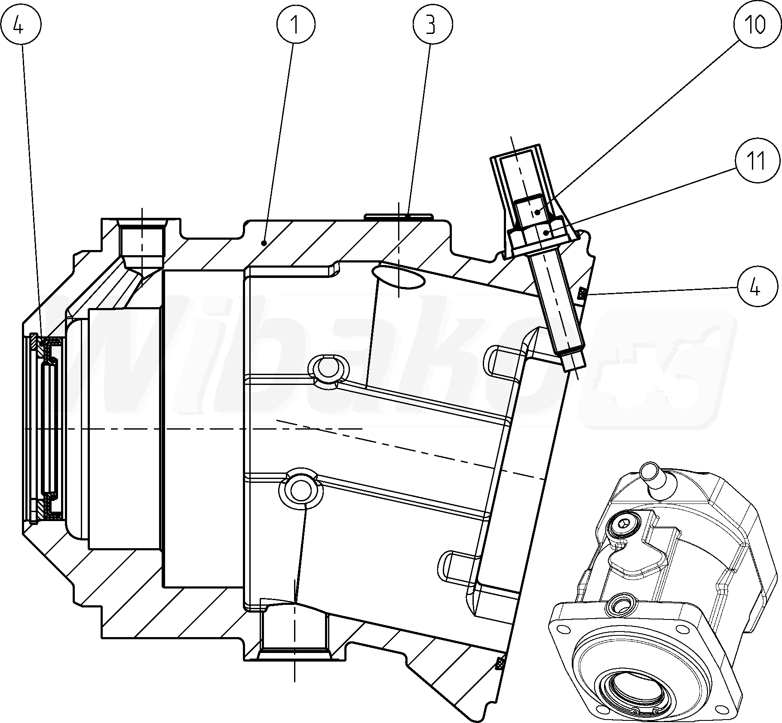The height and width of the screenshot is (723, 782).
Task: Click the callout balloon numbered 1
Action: (296, 25)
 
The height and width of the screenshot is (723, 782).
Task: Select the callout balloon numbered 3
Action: (432, 25)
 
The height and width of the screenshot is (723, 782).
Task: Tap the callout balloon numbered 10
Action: (754, 25)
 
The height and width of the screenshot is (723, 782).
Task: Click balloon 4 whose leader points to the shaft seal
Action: (20, 25)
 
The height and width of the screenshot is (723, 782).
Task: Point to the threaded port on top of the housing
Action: (142, 243)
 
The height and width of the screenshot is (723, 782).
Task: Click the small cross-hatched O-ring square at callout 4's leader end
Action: (582, 294)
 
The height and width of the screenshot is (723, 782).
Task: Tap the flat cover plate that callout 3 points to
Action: (398, 216)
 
